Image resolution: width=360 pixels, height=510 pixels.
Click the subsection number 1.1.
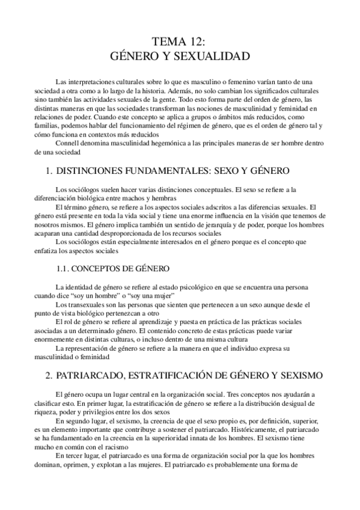click(x=64, y=267)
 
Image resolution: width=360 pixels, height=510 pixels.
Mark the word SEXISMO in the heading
click(x=301, y=375)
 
